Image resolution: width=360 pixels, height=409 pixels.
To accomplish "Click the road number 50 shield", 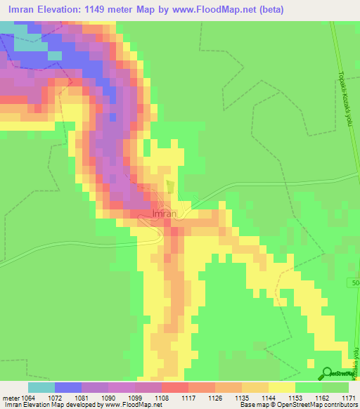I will (x=354, y=282).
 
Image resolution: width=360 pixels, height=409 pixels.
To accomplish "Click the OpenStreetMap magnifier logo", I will (x=328, y=372).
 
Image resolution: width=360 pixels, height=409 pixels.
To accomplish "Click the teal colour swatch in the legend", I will (x=41, y=387).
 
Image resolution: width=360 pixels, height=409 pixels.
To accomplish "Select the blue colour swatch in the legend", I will (x=67, y=387).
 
